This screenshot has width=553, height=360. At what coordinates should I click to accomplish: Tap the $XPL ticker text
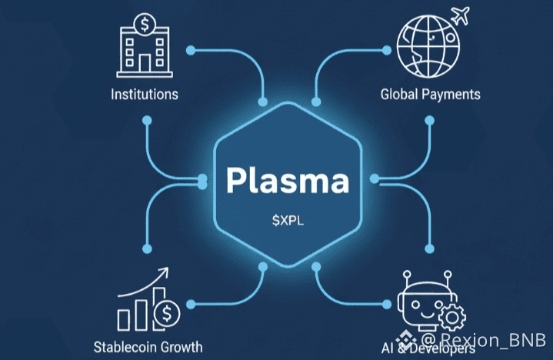pos(287,222)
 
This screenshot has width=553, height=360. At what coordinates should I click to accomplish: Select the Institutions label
pos(145,95)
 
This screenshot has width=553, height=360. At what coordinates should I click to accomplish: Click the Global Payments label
pos(430,94)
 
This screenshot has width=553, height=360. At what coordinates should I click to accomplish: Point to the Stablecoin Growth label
pos(148,345)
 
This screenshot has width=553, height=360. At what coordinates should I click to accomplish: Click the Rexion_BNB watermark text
pos(488,340)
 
